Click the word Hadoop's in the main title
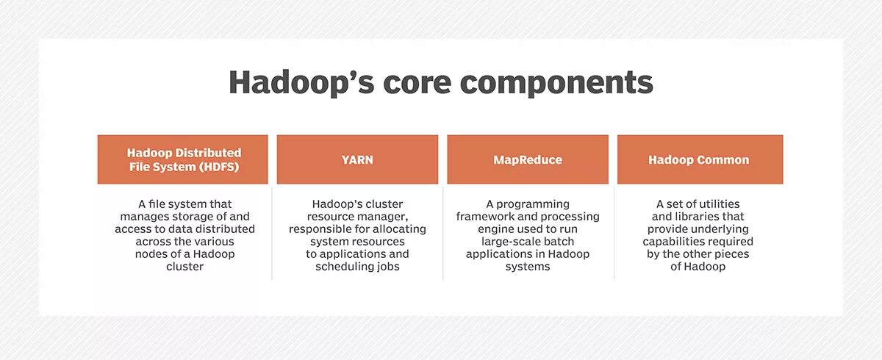click(x=301, y=82)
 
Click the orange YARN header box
click(x=357, y=159)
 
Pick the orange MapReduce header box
click(x=528, y=159)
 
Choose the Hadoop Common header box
click(x=700, y=159)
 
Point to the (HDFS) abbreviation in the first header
click(x=219, y=167)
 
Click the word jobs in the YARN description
click(x=388, y=267)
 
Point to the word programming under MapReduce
click(x=533, y=204)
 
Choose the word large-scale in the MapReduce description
click(x=506, y=242)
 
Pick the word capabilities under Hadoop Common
click(x=670, y=242)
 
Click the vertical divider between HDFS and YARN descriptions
click(x=272, y=233)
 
